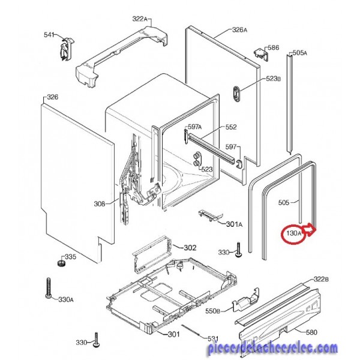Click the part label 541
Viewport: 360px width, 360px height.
pyautogui.click(x=49, y=35)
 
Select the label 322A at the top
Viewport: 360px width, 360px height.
pyautogui.click(x=140, y=19)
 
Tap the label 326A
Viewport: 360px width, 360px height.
pyautogui.click(x=239, y=29)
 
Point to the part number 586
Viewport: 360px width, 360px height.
pyautogui.click(x=274, y=47)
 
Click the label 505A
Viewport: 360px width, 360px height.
pyautogui.click(x=300, y=53)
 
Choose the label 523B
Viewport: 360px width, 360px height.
pyautogui.click(x=273, y=79)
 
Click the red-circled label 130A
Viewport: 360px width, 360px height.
pyautogui.click(x=293, y=233)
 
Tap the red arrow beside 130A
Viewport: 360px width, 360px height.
pyautogui.click(x=309, y=230)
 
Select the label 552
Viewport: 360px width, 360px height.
pyautogui.click(x=231, y=127)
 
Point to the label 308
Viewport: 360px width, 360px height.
pyautogui.click(x=99, y=203)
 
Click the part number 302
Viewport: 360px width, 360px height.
pyautogui.click(x=190, y=248)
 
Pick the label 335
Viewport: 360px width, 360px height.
pyautogui.click(x=70, y=257)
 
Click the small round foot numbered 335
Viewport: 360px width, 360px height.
pyautogui.click(x=61, y=263)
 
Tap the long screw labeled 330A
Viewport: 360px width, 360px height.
pyautogui.click(x=48, y=289)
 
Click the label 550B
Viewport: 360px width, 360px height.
pyautogui.click(x=212, y=311)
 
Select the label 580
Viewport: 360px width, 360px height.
pyautogui.click(x=312, y=332)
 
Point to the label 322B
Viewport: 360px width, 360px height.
pyautogui.click(x=321, y=280)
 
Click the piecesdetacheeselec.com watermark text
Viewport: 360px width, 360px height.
pyautogui.click(x=273, y=348)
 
